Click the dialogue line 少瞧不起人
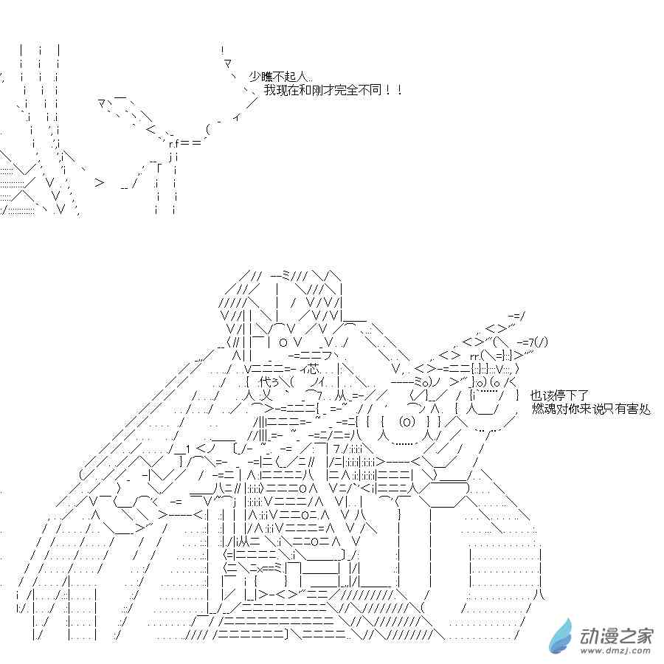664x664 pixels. [x=280, y=76]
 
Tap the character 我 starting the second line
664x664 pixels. [x=269, y=90]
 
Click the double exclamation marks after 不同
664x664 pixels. [x=392, y=90]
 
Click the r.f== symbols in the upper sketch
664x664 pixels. [x=183, y=142]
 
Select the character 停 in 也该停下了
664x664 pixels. [x=559, y=396]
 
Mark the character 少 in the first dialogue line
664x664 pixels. [x=255, y=76]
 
